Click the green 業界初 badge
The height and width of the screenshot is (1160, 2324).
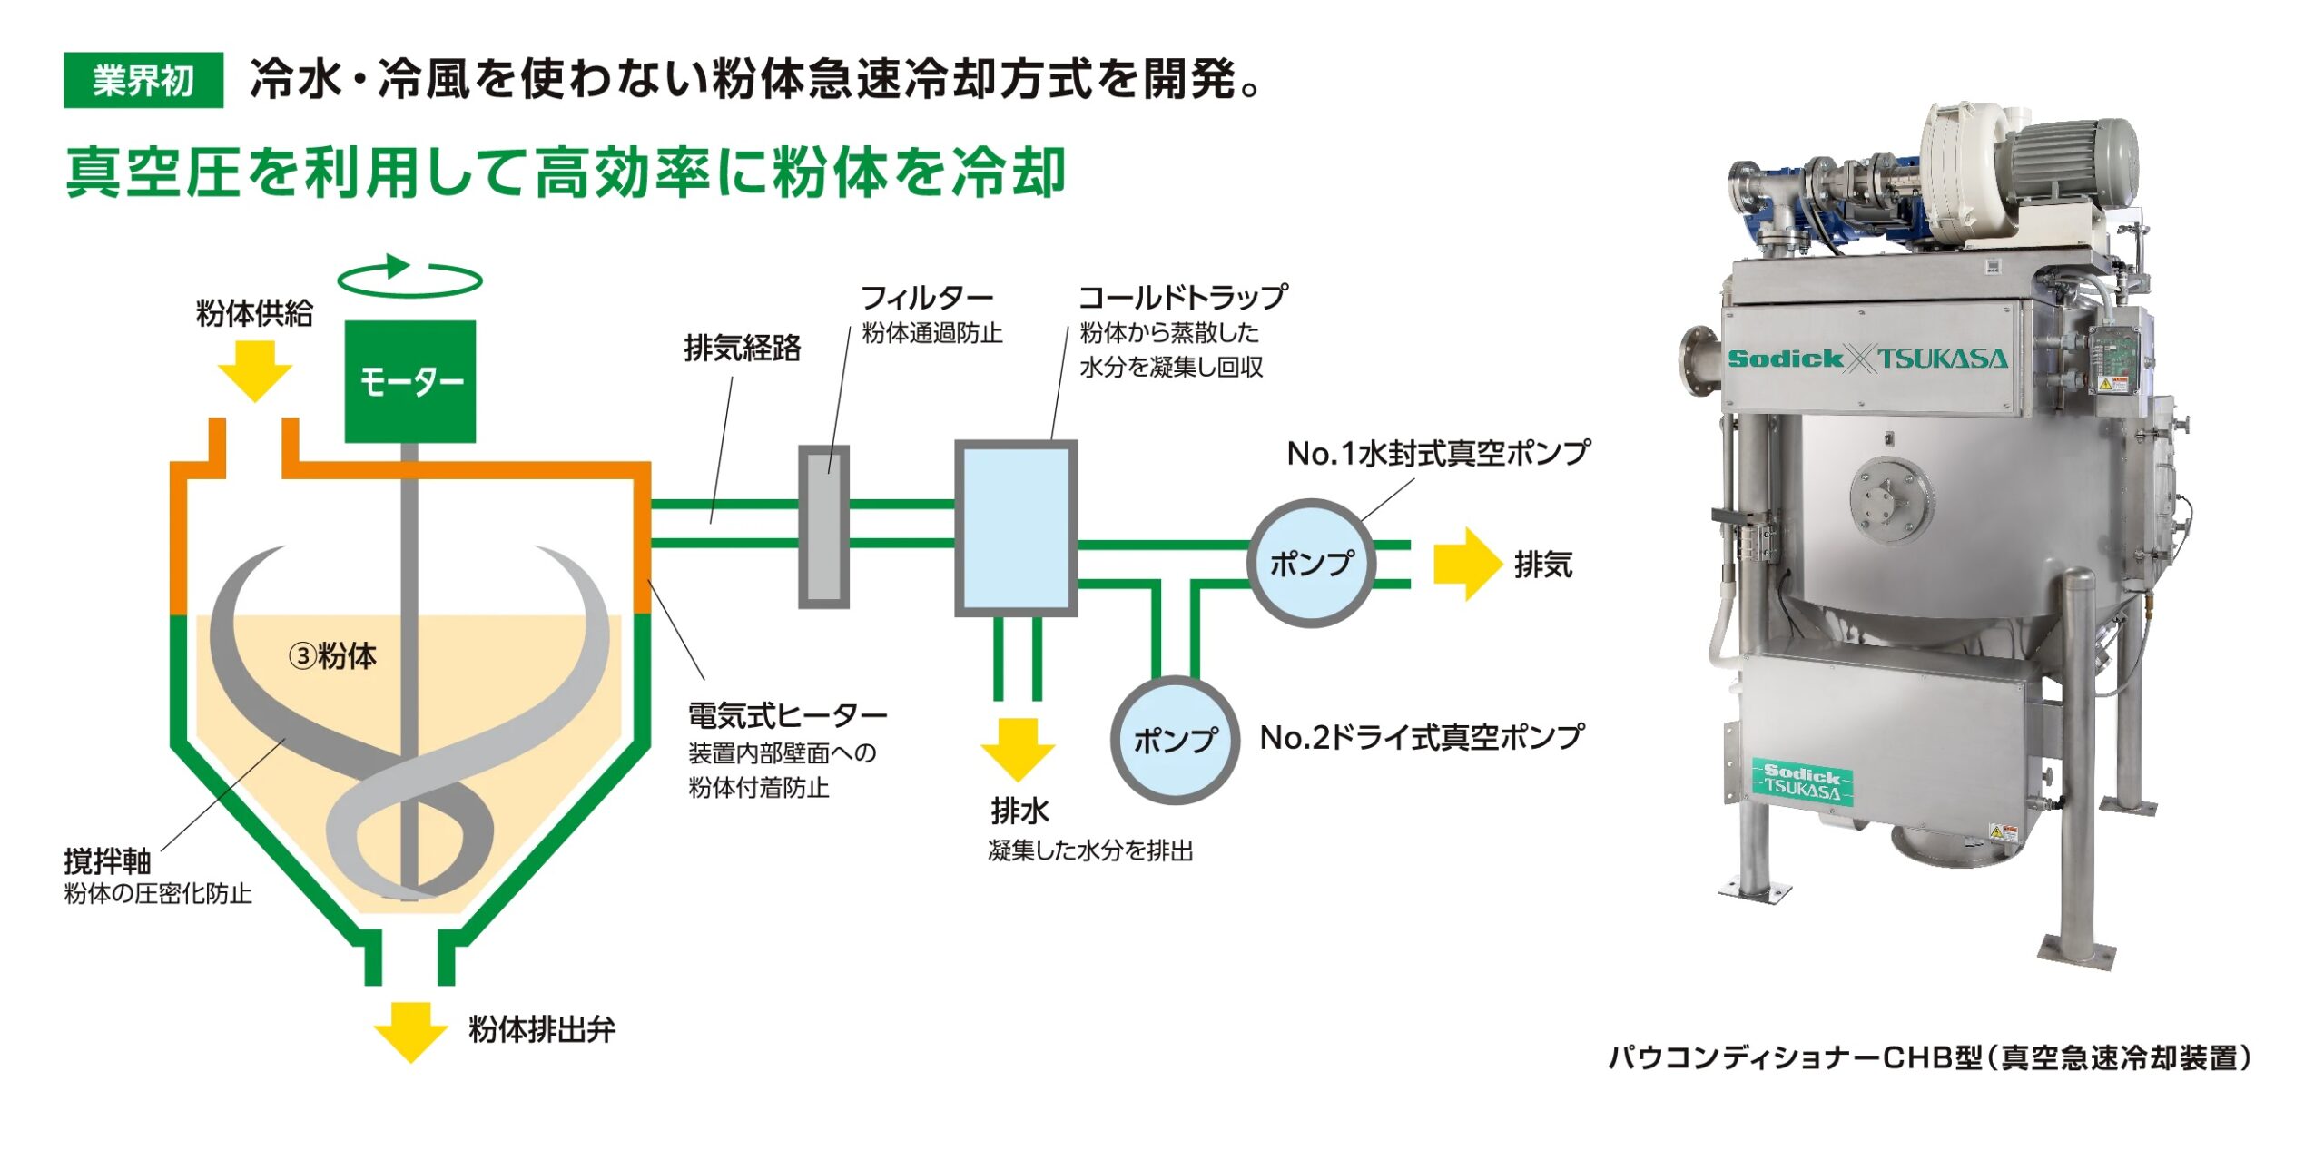143,81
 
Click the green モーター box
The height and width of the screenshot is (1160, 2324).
410,381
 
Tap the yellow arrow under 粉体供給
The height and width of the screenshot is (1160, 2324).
255,371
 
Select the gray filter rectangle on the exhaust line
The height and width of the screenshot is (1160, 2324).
823,526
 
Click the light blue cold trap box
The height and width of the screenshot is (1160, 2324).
1016,528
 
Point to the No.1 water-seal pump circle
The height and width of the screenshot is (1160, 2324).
1312,563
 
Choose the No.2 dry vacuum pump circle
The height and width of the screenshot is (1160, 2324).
1175,739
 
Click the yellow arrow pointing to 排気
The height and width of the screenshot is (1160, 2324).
1466,564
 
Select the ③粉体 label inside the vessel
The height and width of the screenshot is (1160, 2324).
332,655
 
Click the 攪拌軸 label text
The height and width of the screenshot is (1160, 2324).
107,860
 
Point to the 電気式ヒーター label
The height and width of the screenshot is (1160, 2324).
787,716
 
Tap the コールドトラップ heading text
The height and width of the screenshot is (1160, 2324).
1182,297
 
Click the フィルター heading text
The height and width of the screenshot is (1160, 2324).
926,297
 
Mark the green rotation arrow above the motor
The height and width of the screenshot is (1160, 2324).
409,277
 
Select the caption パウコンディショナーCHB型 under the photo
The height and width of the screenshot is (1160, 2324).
1929,1057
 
